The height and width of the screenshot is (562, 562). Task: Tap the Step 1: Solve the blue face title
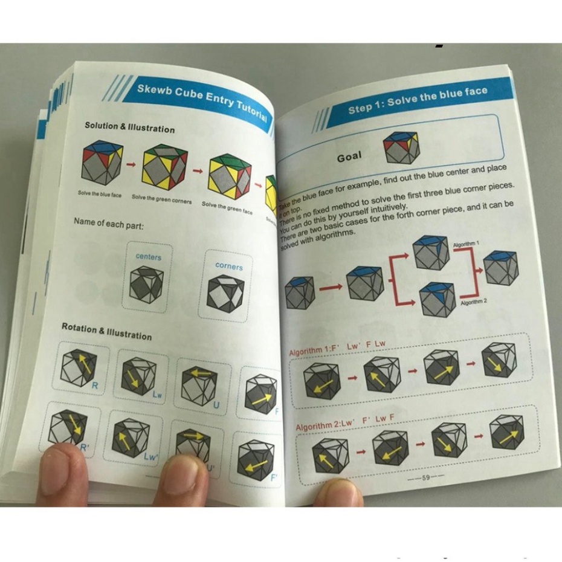(418, 100)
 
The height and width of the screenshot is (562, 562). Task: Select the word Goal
(349, 157)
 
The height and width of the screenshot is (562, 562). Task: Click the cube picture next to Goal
(401, 149)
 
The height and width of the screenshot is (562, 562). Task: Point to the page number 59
(425, 477)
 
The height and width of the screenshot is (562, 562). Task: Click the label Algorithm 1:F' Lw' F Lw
(337, 349)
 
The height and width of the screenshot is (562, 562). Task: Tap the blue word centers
(148, 256)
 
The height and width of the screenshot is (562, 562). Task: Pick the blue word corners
(228, 266)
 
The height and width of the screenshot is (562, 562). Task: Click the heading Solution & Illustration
(129, 128)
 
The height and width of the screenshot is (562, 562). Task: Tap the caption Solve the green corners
(161, 199)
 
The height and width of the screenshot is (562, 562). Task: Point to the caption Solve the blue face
(100, 194)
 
